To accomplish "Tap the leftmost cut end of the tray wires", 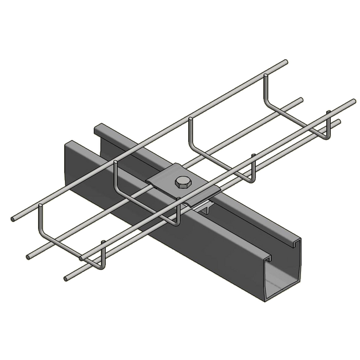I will coord(13,220).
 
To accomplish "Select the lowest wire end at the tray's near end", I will coord(65,279).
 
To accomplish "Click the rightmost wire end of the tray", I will coord(353,101).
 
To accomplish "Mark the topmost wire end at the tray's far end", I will coord(286,61).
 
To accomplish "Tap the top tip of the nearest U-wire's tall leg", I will coord(40,207).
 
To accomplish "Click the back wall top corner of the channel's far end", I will coord(96,127).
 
